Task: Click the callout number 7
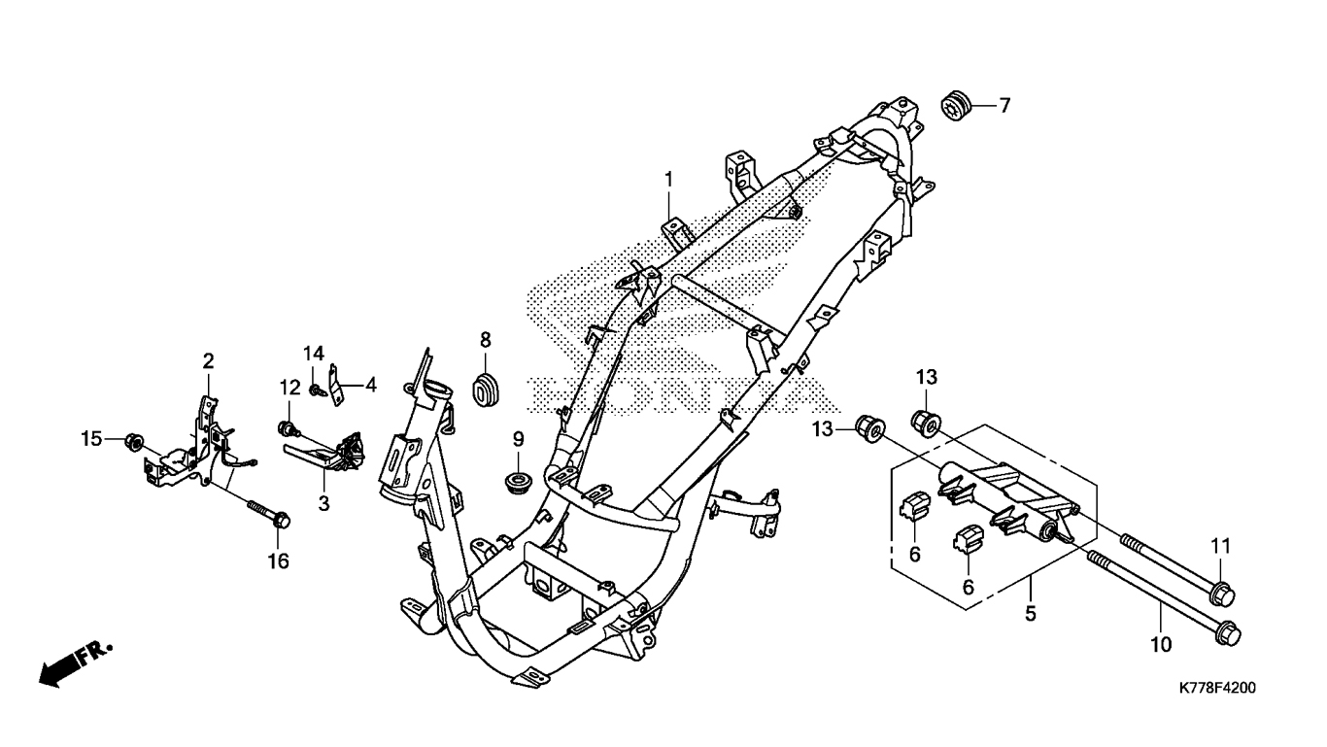(1004, 105)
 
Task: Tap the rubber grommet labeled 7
(959, 104)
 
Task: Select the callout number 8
(485, 339)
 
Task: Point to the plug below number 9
(518, 481)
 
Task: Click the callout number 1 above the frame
(668, 179)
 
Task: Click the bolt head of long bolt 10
(1228, 632)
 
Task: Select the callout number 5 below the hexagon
(1031, 613)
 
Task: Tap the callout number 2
(208, 361)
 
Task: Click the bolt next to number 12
(288, 428)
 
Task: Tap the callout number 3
(323, 503)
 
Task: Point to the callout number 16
(279, 561)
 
